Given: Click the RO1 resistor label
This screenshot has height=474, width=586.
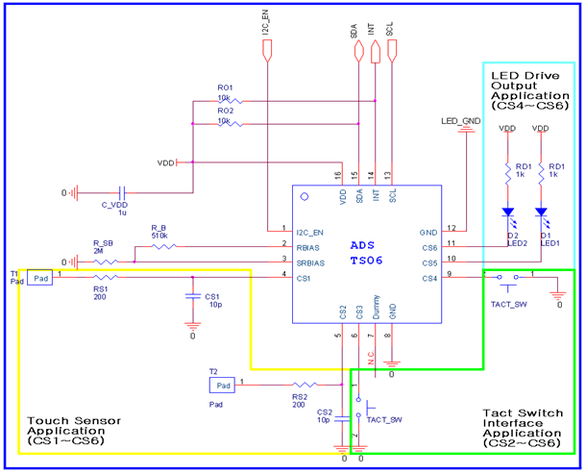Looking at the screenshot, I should point(225,87).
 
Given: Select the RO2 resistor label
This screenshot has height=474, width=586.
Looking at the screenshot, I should point(225,112).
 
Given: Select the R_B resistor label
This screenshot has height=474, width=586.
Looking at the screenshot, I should point(159,228).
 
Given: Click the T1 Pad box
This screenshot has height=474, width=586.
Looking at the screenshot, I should point(39,278).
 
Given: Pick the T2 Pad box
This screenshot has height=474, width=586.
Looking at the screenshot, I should point(222,385).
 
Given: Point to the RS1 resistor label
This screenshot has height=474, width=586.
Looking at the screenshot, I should point(101,287).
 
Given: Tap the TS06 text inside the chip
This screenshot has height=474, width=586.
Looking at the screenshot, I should point(365,261).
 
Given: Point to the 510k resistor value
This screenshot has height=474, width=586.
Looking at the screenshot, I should point(159,237).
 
